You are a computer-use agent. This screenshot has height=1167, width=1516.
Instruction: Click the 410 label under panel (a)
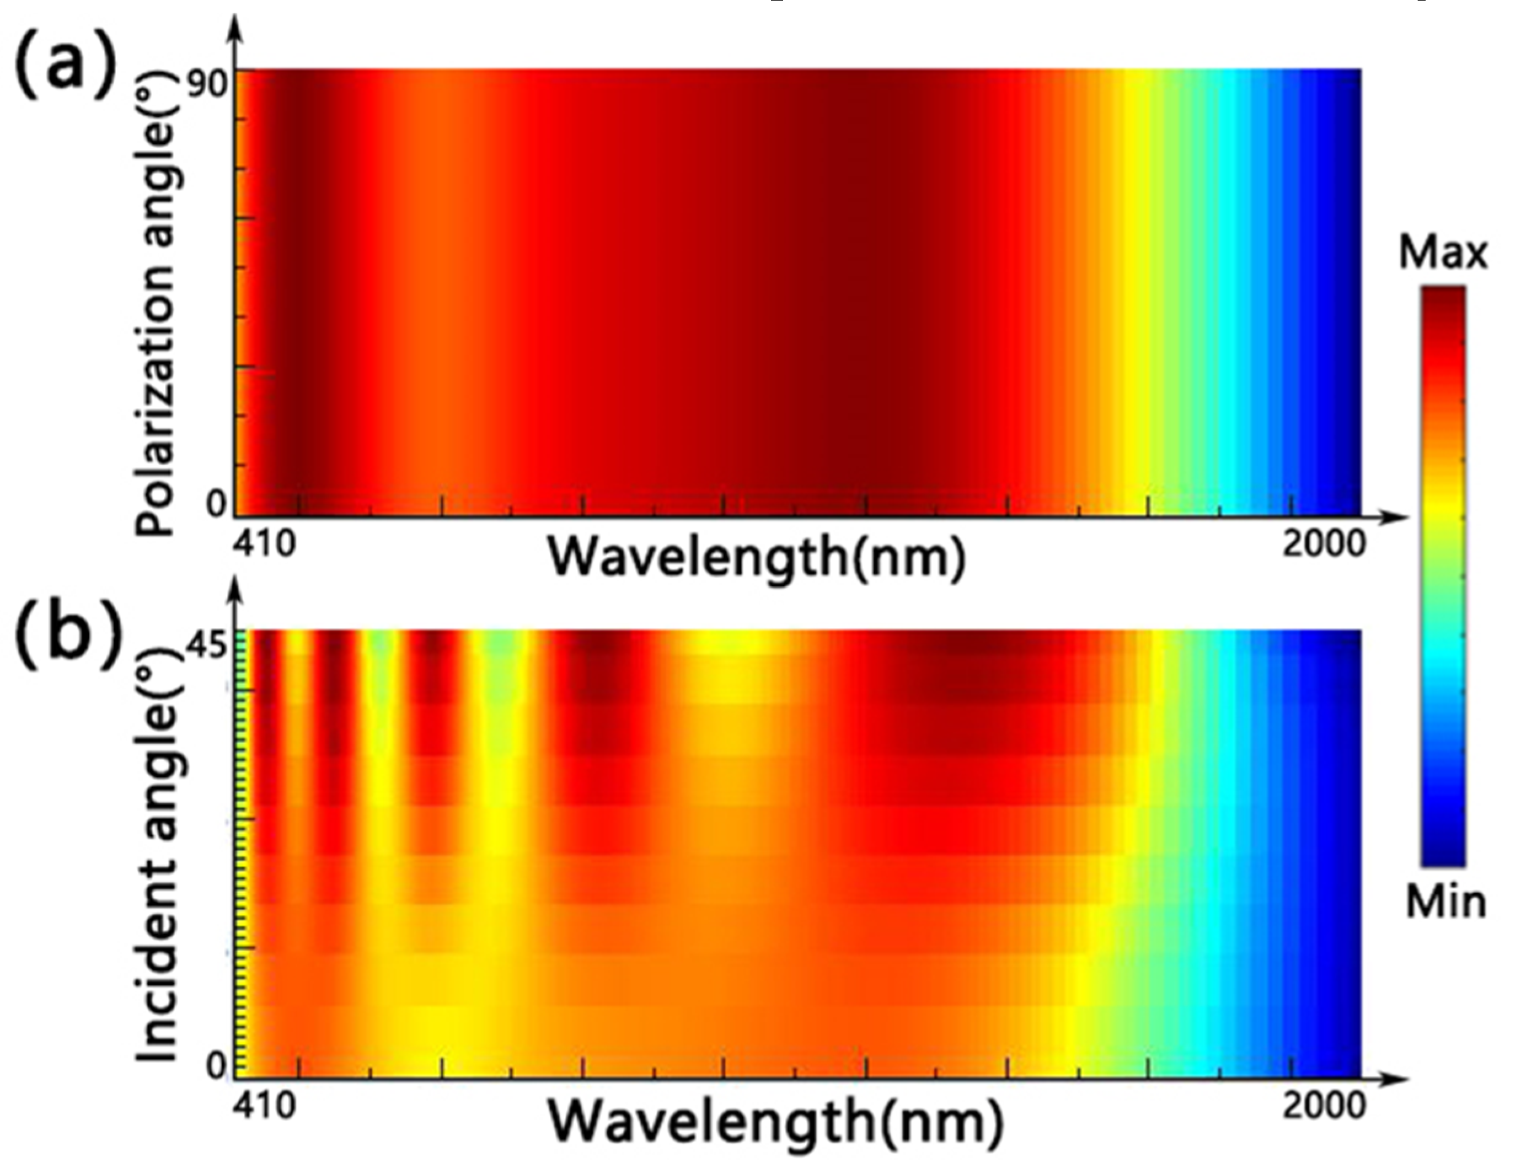(264, 544)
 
